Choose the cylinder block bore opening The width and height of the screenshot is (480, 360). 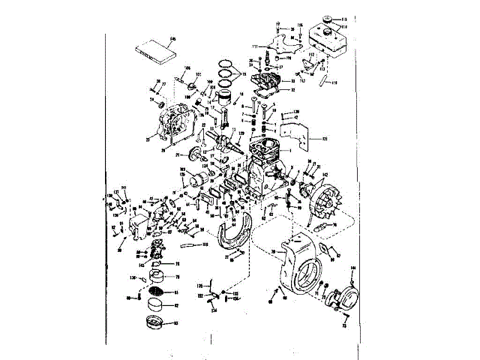[267, 145]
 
